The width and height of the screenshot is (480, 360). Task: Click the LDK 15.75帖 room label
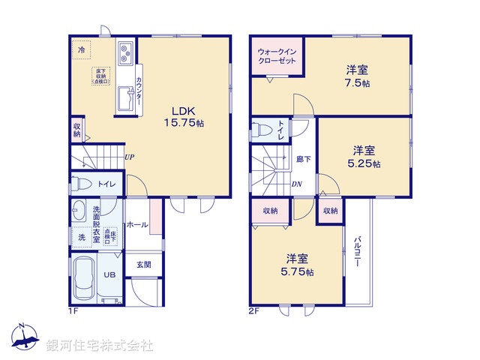tap(184, 115)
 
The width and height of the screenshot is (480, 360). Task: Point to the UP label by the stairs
tap(130, 157)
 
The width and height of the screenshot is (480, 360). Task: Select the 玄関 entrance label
tap(143, 264)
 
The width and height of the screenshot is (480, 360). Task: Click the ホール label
tap(136, 224)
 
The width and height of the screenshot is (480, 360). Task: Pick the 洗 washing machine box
tap(81, 236)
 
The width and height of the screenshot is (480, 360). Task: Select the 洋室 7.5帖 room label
tap(357, 76)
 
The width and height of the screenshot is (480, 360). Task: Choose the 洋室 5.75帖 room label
tap(298, 263)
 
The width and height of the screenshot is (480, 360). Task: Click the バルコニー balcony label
tap(358, 253)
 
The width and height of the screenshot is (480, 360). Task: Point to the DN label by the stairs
tap(296, 184)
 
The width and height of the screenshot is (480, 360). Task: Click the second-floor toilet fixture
tap(259, 129)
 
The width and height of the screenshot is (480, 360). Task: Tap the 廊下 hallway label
tap(303, 159)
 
